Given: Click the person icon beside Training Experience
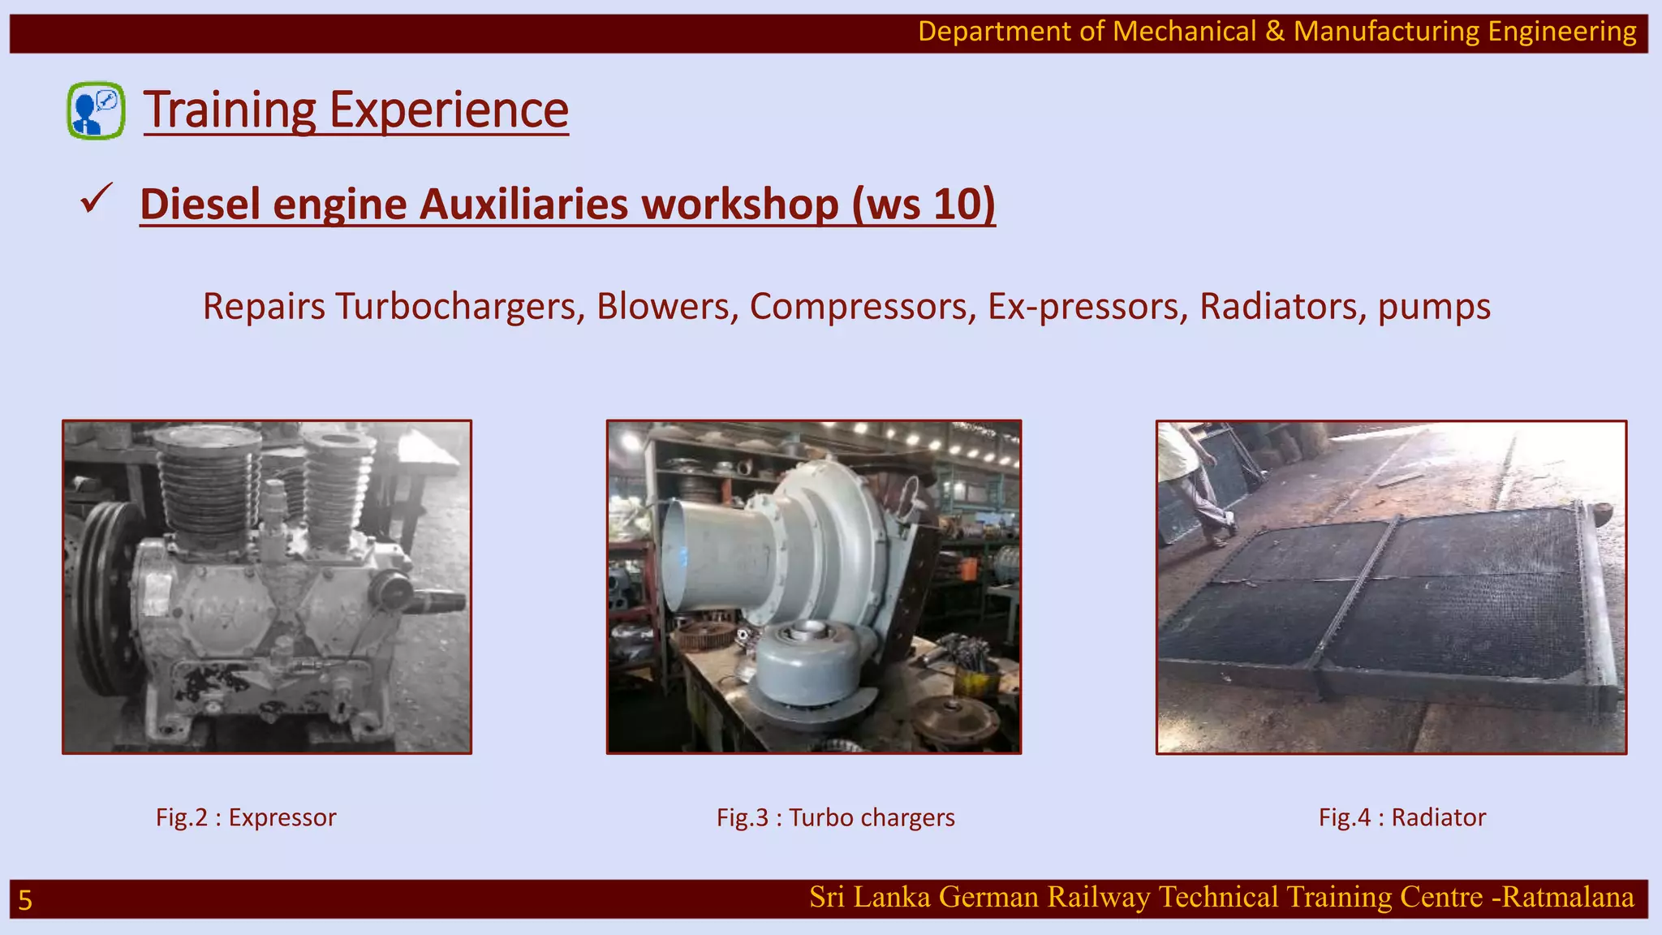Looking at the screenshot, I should [96, 110].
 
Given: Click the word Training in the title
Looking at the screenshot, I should [230, 110].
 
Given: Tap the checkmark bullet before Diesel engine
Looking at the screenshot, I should [96, 200].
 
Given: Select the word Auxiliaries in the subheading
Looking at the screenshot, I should [523, 204].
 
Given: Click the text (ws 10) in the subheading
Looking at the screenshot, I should [923, 204].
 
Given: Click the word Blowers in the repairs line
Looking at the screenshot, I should [667, 307].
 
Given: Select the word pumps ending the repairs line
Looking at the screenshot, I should [1434, 307].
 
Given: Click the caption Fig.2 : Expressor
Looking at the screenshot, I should [246, 817].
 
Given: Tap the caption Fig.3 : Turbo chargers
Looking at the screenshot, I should [835, 817].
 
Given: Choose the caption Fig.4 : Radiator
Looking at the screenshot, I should [1402, 817].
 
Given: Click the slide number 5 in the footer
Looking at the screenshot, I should [25, 900].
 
